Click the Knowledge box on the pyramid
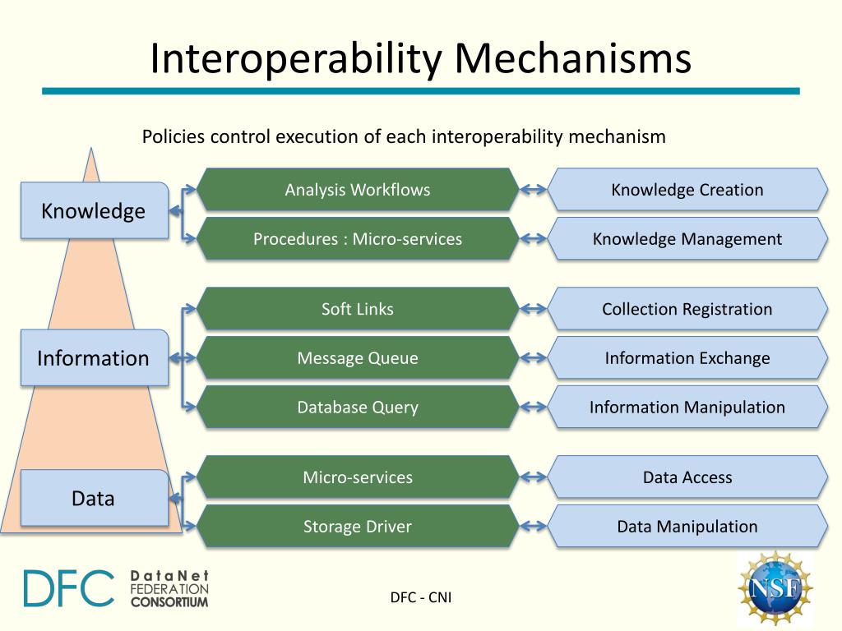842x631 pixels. click(x=94, y=211)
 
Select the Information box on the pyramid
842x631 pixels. click(x=94, y=358)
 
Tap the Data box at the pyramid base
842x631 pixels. click(x=94, y=498)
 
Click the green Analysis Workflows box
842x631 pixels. click(x=358, y=190)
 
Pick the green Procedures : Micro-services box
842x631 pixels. click(x=358, y=239)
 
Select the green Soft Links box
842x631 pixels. click(x=358, y=309)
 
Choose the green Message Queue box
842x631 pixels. click(x=358, y=358)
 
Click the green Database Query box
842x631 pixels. click(x=358, y=407)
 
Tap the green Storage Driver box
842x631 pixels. click(x=358, y=527)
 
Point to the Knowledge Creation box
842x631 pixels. click(x=687, y=190)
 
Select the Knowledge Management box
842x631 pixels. click(x=687, y=239)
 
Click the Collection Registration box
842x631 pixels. click(x=687, y=309)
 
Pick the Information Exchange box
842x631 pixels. click(x=687, y=358)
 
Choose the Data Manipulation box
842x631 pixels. click(x=687, y=527)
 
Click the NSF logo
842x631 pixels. click(x=775, y=588)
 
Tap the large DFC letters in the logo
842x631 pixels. click(x=69, y=588)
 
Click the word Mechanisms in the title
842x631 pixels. click(x=573, y=59)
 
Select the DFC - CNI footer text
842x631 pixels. click(x=421, y=597)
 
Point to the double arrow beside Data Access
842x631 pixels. click(x=534, y=477)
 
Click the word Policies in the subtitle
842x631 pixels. click(x=173, y=136)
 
